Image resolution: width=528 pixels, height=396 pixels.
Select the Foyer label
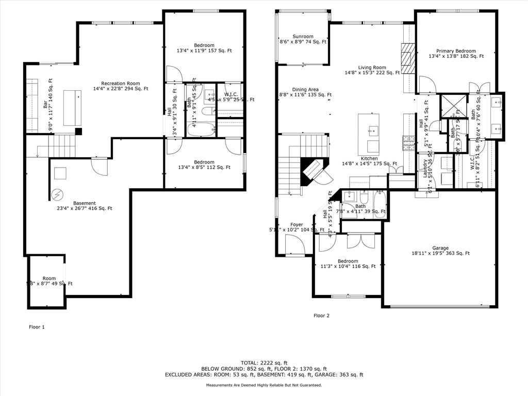pos(296,225)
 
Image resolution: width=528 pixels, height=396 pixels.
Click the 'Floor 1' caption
pos(37,327)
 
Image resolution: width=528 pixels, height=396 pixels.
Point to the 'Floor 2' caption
pos(321,316)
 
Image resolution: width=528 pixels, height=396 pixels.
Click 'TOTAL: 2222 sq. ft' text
pos(263,363)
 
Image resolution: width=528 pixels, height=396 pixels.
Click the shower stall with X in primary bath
pos(453,105)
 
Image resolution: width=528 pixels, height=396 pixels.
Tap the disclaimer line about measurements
pos(263,385)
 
